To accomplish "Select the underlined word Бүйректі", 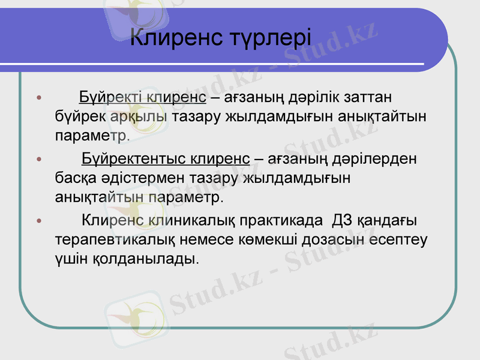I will pos(110,97).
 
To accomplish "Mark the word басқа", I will pos(71,178).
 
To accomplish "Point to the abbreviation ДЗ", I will pos(341,221).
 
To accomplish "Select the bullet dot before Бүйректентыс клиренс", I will pos(40,160).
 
